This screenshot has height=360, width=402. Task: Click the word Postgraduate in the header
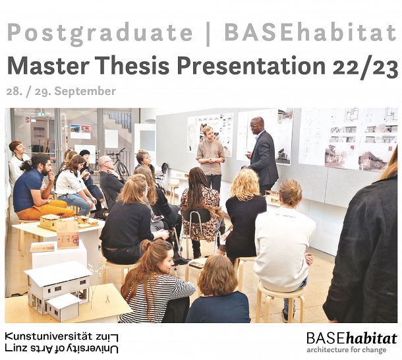click(100, 34)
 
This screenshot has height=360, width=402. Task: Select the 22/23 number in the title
click(365, 68)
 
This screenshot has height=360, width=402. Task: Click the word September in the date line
click(85, 92)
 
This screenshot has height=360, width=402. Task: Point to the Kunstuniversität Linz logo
click(61, 343)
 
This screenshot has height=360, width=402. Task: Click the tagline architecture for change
click(347, 349)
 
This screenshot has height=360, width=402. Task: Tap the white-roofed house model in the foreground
click(59, 290)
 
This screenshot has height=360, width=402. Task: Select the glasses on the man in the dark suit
click(255, 125)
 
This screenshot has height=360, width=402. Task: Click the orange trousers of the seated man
click(46, 209)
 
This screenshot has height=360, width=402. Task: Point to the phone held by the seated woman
click(157, 219)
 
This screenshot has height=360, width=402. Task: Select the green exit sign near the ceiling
click(42, 114)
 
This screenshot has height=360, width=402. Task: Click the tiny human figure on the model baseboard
click(108, 299)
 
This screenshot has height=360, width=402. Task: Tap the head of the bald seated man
click(106, 164)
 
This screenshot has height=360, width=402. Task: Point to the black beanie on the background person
click(84, 153)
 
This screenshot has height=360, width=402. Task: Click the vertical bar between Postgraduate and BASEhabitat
click(208, 34)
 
